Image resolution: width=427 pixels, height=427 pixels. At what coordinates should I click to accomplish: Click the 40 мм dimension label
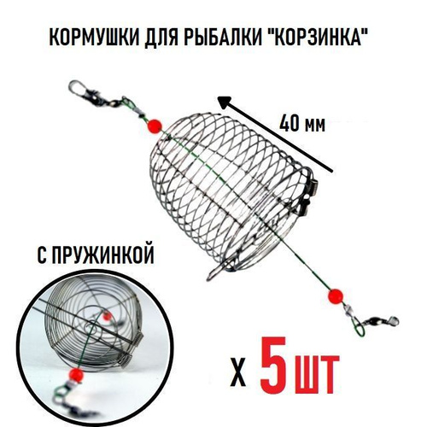[301, 124]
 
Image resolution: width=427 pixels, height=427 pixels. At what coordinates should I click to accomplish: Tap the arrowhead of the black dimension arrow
[224, 102]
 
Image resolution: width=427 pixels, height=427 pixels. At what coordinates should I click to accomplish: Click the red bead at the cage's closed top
[155, 125]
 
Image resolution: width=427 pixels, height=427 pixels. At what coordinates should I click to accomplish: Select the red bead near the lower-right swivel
[336, 296]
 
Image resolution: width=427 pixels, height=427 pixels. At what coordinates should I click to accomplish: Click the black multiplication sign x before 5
[238, 377]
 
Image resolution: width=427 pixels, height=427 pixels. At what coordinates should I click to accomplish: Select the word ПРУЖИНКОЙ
[104, 254]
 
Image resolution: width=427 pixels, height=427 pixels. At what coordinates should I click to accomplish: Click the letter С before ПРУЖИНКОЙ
[42, 254]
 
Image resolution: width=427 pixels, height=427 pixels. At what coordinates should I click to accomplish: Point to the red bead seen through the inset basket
[107, 316]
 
